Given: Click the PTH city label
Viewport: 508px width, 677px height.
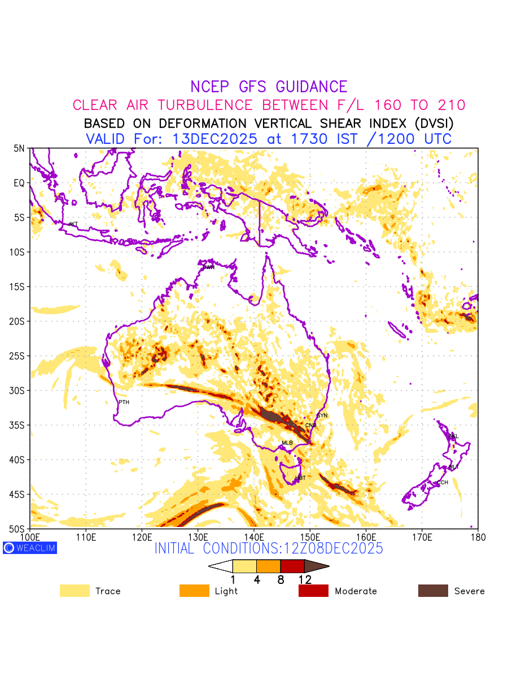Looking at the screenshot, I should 124,402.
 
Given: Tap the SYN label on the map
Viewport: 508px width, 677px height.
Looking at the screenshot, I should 322,416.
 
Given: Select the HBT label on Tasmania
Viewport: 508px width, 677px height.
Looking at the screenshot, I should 300,478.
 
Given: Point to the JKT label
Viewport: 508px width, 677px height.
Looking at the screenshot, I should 73,225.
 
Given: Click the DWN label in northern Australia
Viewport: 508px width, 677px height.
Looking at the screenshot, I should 209,267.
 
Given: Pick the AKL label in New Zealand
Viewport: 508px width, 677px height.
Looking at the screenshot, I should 453,436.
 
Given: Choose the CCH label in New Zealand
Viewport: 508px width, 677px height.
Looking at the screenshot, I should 443,482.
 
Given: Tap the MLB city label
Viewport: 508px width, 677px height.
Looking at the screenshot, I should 287,443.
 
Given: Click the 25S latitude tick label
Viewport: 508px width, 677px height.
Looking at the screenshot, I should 19,356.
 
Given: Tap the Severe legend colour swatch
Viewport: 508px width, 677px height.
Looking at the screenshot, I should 433,591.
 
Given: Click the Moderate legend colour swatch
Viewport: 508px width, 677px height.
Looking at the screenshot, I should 313,591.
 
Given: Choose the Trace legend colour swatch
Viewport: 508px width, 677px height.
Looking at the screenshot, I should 75,591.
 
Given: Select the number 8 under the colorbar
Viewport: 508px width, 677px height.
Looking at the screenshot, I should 281,579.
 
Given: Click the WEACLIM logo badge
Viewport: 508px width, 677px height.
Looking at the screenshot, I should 30,547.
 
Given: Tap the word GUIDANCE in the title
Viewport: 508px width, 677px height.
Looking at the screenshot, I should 312,87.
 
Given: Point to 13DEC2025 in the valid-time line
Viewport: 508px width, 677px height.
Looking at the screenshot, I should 217,139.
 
